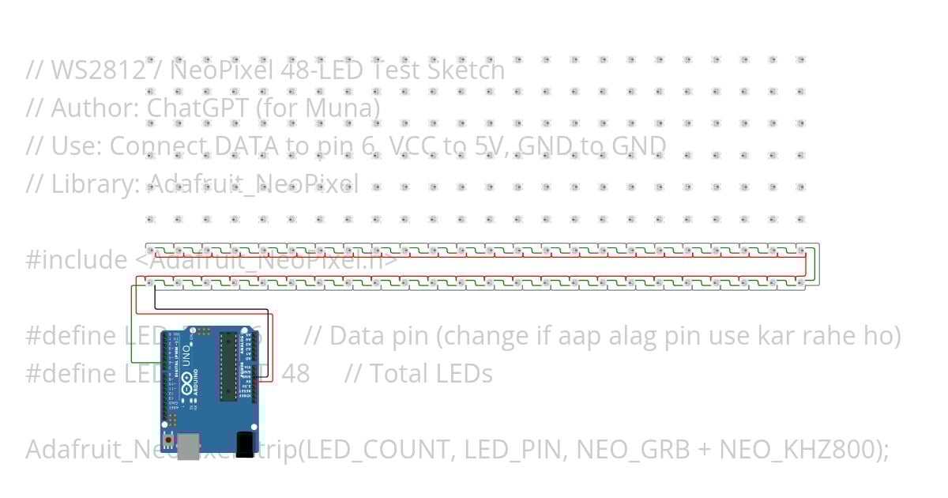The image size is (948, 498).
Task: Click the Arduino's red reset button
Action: click(x=169, y=438)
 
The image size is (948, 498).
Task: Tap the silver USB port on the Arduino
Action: click(x=189, y=446)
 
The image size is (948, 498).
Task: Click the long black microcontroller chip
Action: click(x=228, y=367)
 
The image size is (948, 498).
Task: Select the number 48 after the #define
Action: click(x=295, y=373)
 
